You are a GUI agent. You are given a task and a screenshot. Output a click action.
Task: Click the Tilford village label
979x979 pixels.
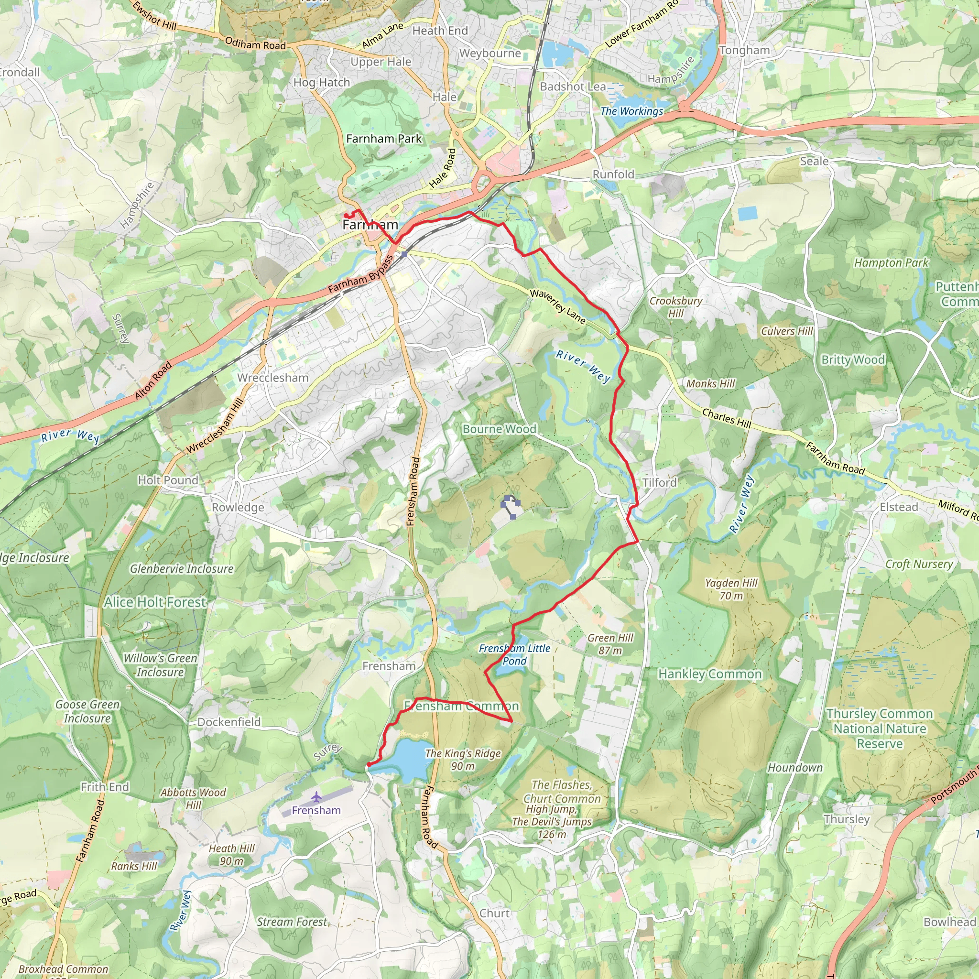(x=659, y=482)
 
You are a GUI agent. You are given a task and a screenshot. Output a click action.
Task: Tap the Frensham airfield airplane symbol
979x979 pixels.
(x=316, y=797)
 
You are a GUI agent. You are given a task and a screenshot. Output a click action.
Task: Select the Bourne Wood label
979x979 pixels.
(x=499, y=429)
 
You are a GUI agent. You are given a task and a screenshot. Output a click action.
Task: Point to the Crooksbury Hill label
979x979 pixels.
(x=675, y=306)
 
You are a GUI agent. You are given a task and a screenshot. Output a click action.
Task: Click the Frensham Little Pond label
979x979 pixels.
(x=514, y=654)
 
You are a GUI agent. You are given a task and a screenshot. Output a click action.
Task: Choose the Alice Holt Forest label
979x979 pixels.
(x=155, y=602)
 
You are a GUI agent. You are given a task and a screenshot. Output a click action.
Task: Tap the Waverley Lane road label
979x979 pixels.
(x=558, y=306)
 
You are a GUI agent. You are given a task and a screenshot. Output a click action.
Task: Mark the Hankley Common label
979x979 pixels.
(x=709, y=674)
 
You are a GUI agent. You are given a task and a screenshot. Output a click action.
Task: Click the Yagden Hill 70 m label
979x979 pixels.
(x=731, y=589)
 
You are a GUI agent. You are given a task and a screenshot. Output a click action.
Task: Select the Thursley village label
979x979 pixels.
(x=846, y=819)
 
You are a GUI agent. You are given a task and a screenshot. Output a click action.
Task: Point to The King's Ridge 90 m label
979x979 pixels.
(x=463, y=760)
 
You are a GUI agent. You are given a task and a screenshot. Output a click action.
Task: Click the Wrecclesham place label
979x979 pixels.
(x=272, y=378)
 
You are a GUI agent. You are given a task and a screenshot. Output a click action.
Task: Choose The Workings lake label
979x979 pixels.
(x=631, y=111)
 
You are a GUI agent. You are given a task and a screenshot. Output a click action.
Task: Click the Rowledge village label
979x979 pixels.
(x=238, y=507)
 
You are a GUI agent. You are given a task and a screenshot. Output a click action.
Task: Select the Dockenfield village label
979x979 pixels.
(x=229, y=721)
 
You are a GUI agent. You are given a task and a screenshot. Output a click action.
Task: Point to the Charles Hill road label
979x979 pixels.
(x=726, y=418)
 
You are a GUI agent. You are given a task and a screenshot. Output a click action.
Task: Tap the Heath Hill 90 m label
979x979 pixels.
(x=231, y=854)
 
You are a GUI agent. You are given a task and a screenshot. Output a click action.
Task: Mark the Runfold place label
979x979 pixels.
(x=613, y=174)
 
